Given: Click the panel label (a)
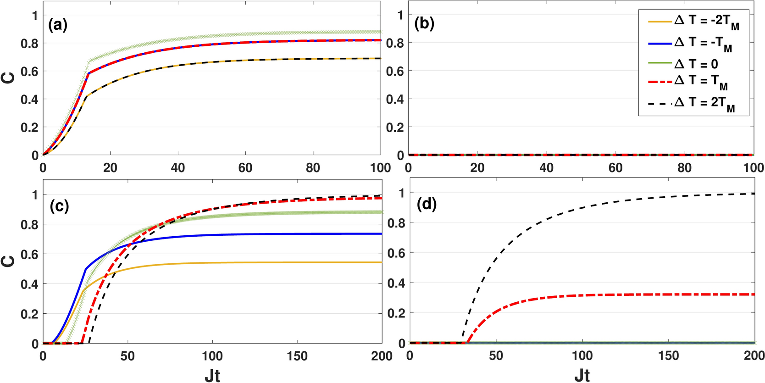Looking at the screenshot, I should (58, 25).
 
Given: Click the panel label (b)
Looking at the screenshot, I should (424, 23).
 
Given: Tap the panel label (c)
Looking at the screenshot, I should (59, 206).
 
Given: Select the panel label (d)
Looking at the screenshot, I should (427, 204).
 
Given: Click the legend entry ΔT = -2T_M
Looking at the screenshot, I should (706, 22).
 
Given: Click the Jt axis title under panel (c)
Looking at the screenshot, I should (212, 375).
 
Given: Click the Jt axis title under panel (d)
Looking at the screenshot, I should (582, 375).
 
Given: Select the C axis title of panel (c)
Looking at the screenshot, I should (9, 261).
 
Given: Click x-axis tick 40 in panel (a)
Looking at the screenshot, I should (178, 168).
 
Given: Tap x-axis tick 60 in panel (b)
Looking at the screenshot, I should (615, 168).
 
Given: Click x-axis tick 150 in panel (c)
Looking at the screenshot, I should (297, 356).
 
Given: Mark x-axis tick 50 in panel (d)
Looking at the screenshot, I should (496, 355).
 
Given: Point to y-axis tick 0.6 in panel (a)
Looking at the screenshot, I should (29, 72).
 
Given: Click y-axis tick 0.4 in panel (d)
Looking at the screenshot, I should (396, 283).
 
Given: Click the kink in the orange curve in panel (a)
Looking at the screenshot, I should (86, 95).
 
